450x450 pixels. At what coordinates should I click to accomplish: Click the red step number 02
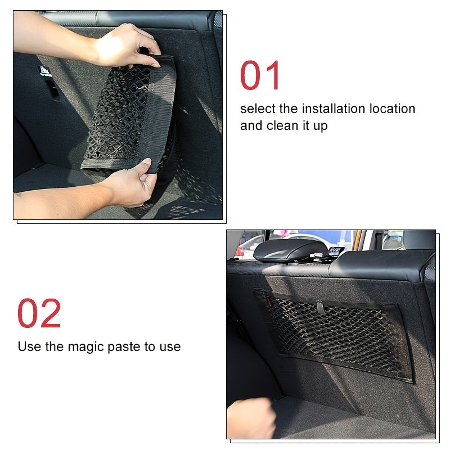[39, 313]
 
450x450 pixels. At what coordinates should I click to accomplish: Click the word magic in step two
[86, 346]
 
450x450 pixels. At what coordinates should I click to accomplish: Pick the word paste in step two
[125, 346]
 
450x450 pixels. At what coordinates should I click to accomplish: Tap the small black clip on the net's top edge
[319, 307]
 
